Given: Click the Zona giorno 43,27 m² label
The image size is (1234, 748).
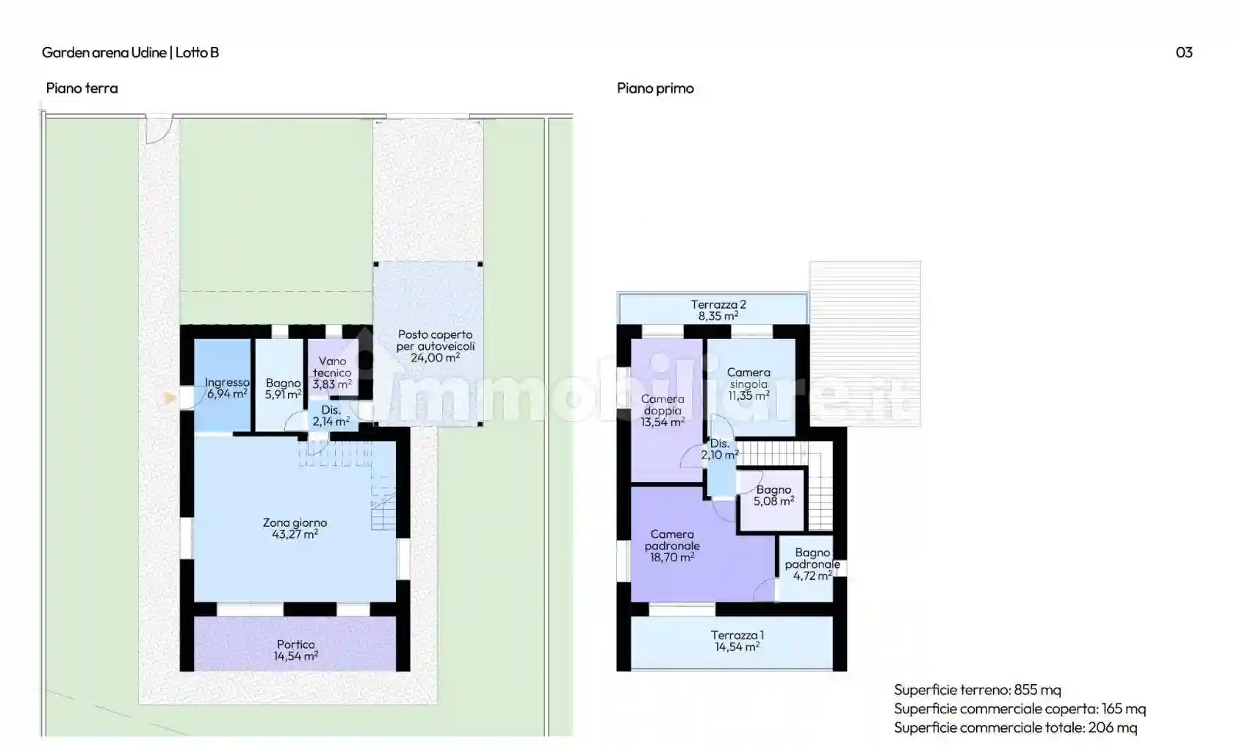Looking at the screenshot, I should click(x=295, y=528).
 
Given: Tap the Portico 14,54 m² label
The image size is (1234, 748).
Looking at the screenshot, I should click(x=295, y=650).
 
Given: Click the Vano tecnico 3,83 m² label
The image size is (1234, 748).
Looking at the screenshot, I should click(x=332, y=373).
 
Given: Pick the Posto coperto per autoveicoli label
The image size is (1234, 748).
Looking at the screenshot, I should click(x=435, y=346).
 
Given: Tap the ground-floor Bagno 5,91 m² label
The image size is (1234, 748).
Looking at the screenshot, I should click(x=283, y=389).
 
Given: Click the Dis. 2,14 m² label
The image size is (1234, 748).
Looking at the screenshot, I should click(x=331, y=416).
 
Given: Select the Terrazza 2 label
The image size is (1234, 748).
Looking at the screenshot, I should click(x=718, y=310).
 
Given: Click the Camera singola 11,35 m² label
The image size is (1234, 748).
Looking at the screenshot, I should click(x=748, y=384).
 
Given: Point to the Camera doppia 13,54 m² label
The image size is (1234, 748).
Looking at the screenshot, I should click(x=662, y=411).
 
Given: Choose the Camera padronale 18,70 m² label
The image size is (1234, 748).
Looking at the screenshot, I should click(x=672, y=546).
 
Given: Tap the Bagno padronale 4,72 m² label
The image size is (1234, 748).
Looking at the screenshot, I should click(x=812, y=564).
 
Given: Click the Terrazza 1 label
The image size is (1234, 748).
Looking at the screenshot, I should click(x=737, y=641).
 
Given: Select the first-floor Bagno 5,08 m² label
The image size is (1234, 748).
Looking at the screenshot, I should click(x=773, y=495).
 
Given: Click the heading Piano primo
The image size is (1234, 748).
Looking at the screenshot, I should click(x=655, y=88).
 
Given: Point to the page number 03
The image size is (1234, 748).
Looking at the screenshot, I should click(x=1183, y=52).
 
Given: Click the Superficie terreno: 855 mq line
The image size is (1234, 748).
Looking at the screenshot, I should click(x=977, y=689).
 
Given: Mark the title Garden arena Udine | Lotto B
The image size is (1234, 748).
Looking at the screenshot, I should click(x=130, y=52).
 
